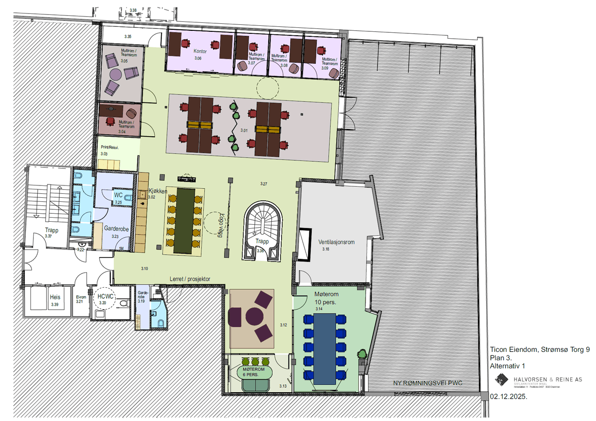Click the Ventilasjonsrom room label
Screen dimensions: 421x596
pos(336,242)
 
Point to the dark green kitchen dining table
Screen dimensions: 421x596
pos(184,220)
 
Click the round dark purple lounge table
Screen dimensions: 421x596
pos(254,317)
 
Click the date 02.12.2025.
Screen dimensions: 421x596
pos(508,397)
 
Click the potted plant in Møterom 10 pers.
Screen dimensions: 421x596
pos(363,355)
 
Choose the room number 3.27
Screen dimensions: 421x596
pos(263,184)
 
